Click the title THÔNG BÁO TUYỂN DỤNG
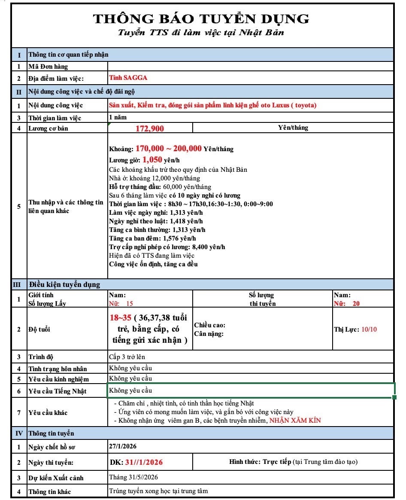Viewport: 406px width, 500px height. pos(201,18)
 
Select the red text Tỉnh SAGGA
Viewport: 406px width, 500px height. pos(129,78)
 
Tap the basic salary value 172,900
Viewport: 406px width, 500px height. pos(150,128)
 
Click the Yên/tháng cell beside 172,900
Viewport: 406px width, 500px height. pos(293,128)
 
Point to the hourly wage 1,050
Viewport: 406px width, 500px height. pos(153,160)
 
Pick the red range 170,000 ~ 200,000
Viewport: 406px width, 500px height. pos(169,149)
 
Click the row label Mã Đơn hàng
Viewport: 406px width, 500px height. pos(48,67)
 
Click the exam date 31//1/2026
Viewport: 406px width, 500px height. pos(144,462)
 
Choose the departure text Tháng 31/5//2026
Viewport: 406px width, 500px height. pos(134,478)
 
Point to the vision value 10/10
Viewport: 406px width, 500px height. pos(369,329)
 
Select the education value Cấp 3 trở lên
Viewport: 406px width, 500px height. pos(128,357)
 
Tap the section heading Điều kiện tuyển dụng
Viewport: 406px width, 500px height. pos(64,284)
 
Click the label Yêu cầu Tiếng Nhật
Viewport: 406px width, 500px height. pos(57,391)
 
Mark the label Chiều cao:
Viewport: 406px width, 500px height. pos(210,325)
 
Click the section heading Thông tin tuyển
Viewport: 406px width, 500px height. pos(51,433)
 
